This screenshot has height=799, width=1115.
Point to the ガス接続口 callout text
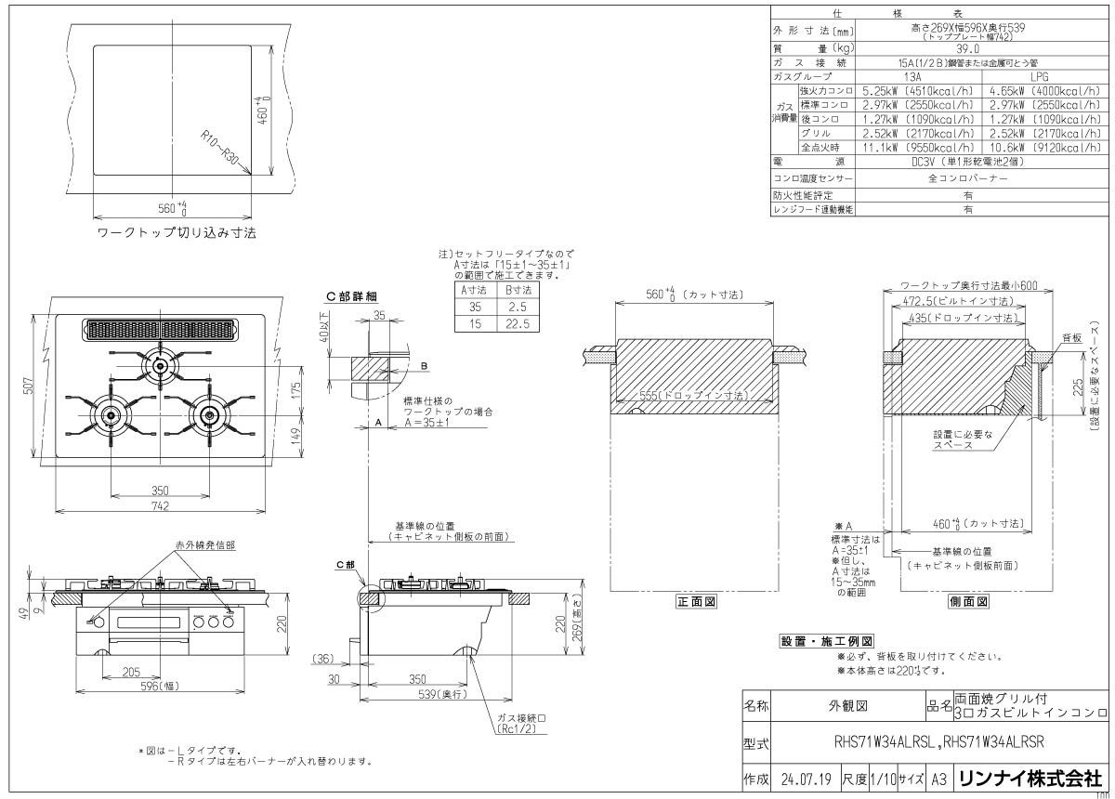(x=518, y=719)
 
